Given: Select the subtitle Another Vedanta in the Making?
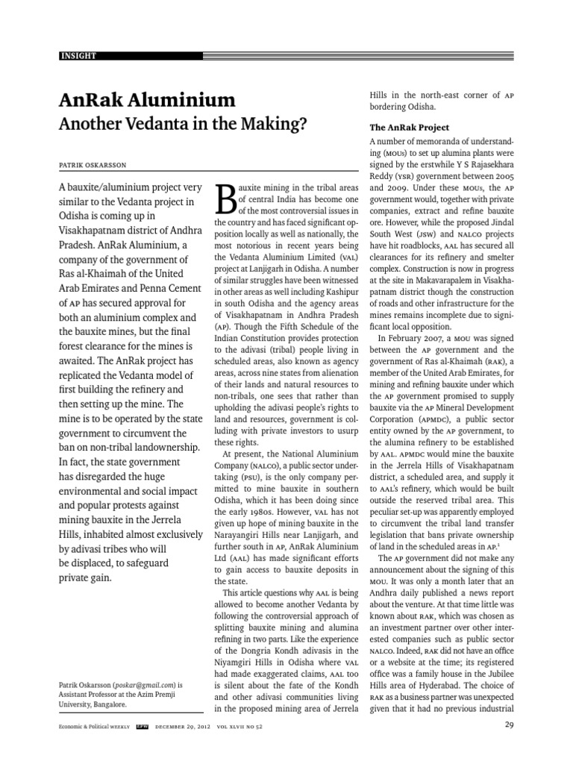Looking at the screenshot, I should click(x=183, y=125).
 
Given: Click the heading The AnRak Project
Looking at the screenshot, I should click(x=410, y=128).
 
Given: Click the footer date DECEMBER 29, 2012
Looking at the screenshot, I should click(x=186, y=725).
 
